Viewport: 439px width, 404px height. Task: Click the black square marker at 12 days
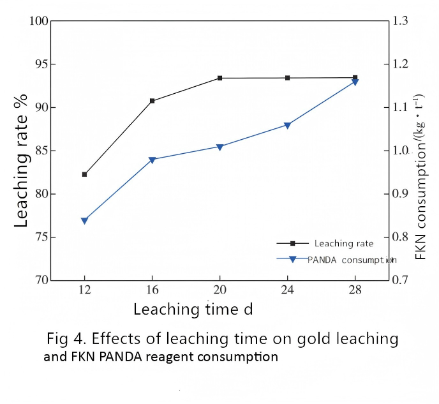85,174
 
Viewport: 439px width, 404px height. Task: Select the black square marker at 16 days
153,101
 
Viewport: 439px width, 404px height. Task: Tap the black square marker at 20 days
219,78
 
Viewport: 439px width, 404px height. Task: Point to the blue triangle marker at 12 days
85,221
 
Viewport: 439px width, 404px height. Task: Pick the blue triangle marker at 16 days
153,160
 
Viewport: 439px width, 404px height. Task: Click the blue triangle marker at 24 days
287,126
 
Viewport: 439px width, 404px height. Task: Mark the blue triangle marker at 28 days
355,82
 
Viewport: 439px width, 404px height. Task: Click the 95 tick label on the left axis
41,64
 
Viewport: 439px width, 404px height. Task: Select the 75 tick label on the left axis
41,237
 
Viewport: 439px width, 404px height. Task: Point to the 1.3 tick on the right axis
400,20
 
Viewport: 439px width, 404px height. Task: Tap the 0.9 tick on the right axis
400,193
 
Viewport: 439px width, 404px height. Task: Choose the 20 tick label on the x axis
219,290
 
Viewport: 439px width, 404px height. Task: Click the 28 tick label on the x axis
355,290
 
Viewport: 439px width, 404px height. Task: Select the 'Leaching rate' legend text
344,244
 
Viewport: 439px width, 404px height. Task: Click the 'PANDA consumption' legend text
352,260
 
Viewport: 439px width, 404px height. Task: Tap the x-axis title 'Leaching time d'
193,310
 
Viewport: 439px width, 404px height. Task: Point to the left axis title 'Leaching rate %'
21,160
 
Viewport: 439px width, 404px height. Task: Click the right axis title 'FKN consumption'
420,201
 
